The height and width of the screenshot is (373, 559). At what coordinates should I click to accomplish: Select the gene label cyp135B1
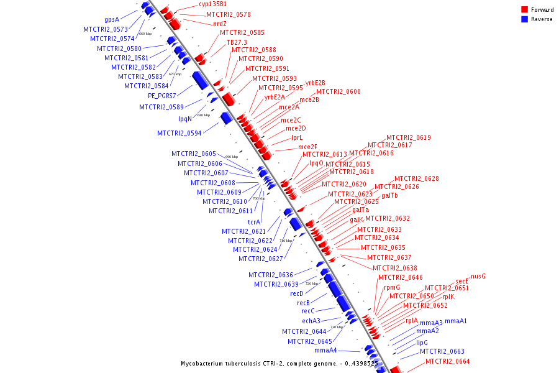coord(212,4)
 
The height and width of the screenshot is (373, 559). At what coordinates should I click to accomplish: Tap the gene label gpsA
coord(112,19)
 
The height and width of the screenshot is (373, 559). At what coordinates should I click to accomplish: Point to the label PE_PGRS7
coord(161,96)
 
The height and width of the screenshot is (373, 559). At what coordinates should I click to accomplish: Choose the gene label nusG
coord(478,276)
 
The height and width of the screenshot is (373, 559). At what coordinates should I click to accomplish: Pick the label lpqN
coord(185,119)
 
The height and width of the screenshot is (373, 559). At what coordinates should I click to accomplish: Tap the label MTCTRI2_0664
coord(448,361)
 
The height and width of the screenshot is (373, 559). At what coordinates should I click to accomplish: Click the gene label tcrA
coord(254,222)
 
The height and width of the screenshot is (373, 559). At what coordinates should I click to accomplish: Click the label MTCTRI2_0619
coord(409,137)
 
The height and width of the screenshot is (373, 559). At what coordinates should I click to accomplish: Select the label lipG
coord(422,342)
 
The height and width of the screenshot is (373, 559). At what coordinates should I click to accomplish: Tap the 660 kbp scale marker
coord(145,34)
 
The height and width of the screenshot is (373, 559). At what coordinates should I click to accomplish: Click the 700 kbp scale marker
coord(258,198)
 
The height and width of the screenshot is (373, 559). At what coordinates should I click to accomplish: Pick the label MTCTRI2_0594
coord(179,133)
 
